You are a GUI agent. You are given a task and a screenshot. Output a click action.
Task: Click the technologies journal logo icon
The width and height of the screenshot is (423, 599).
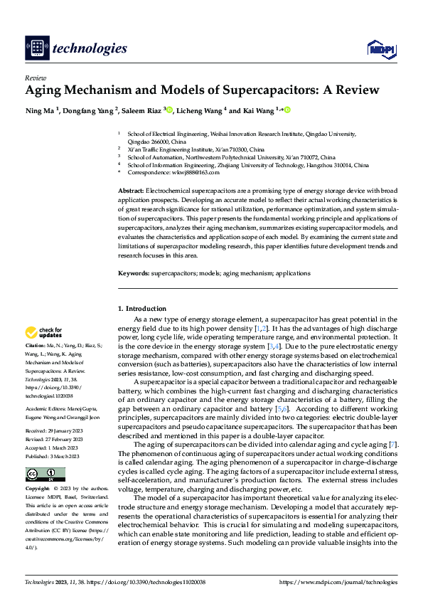click(37, 48)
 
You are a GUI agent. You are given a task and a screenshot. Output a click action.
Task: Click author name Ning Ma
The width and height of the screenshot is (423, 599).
click(43, 111)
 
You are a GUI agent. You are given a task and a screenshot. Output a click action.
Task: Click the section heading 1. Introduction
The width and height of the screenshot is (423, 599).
click(145, 309)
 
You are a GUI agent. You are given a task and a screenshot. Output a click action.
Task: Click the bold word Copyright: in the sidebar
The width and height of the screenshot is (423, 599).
click(38, 470)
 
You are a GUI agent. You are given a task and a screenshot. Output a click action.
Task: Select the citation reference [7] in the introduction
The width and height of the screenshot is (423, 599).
click(393, 445)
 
